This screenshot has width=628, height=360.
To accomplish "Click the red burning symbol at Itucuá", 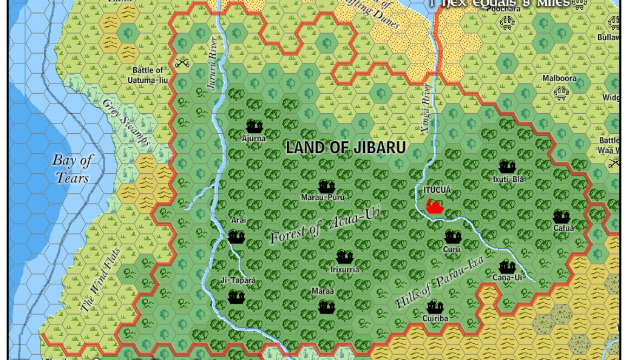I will click(x=435, y=206).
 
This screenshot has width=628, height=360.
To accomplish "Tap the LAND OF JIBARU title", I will click(x=345, y=148).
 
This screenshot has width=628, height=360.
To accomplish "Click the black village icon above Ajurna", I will click(x=254, y=127).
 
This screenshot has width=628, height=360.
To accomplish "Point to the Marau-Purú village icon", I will click(x=326, y=187).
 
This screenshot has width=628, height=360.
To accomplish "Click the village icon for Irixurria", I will click(x=344, y=257).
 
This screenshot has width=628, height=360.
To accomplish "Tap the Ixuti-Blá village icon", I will click(x=507, y=167).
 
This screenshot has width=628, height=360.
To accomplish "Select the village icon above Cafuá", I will click(x=561, y=217).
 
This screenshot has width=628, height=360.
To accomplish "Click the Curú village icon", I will click(x=452, y=237).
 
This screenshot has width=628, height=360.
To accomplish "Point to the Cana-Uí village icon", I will click(x=507, y=266).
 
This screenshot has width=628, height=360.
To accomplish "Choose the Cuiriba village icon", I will click(x=435, y=307).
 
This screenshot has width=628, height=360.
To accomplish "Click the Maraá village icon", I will click(x=326, y=307).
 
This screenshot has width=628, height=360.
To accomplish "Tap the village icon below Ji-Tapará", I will click(x=236, y=297).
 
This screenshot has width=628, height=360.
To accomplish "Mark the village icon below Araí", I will click(x=236, y=237).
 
